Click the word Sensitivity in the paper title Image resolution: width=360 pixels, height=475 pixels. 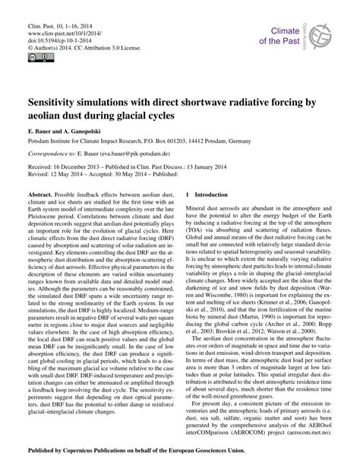tap(55, 100)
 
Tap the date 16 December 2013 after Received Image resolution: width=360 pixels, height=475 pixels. tap(77, 171)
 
